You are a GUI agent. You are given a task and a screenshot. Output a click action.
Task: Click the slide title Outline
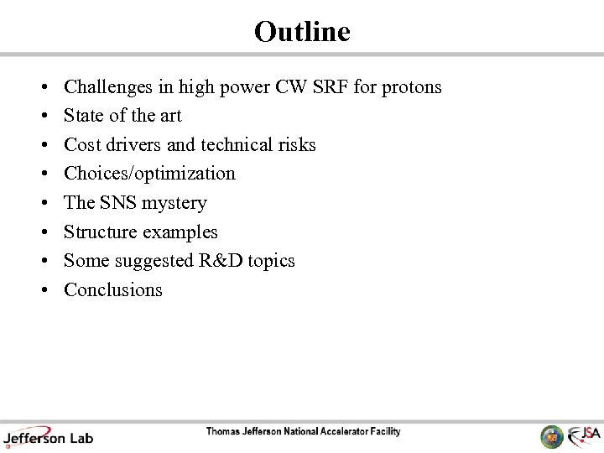click(302, 32)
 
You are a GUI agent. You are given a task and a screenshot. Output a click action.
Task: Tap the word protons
click(412, 87)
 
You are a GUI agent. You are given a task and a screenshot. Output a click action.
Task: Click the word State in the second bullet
click(83, 116)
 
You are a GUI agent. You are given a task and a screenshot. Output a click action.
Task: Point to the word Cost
click(82, 145)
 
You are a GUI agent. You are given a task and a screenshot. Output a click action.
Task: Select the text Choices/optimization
click(149, 174)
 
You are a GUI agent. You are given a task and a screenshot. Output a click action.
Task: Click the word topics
click(271, 261)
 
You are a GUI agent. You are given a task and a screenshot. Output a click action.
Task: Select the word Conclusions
click(113, 290)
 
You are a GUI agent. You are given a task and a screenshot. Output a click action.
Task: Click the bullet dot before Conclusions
click(43, 291)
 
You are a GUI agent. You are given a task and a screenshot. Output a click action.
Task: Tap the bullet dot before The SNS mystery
click(43, 204)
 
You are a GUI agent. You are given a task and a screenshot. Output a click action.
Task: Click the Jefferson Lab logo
click(48, 437)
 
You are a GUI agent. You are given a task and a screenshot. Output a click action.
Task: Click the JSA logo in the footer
click(583, 435)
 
